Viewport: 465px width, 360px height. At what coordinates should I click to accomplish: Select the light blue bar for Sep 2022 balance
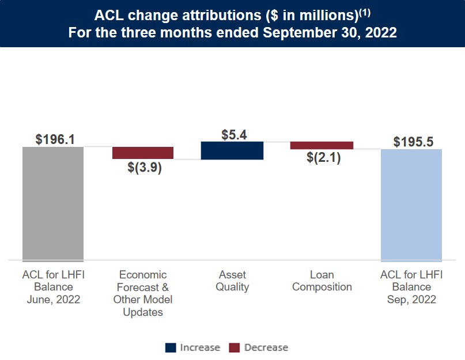click(411, 205)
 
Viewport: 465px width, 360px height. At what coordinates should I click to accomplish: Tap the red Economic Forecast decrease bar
click(143, 153)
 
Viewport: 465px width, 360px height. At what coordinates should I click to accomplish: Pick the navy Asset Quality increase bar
click(232, 150)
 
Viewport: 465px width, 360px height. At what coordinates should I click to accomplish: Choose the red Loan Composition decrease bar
click(322, 145)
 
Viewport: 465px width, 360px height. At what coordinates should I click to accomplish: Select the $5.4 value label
click(234, 134)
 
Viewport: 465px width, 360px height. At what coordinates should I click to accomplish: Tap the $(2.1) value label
click(323, 157)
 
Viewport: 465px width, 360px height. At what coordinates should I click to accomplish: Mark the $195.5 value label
click(413, 142)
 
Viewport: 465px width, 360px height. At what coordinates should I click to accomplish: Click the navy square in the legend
click(171, 347)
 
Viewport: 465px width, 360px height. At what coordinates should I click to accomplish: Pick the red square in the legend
click(235, 347)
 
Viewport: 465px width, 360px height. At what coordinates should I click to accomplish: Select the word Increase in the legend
click(200, 347)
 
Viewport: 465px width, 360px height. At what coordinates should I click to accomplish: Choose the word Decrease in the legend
click(266, 347)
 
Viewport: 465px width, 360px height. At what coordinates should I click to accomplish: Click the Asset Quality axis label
click(232, 281)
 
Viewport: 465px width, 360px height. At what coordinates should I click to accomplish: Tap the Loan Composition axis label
click(322, 281)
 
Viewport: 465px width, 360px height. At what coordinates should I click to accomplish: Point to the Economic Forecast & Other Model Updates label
click(143, 293)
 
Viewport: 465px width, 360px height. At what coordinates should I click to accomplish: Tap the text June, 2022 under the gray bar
click(53, 299)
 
